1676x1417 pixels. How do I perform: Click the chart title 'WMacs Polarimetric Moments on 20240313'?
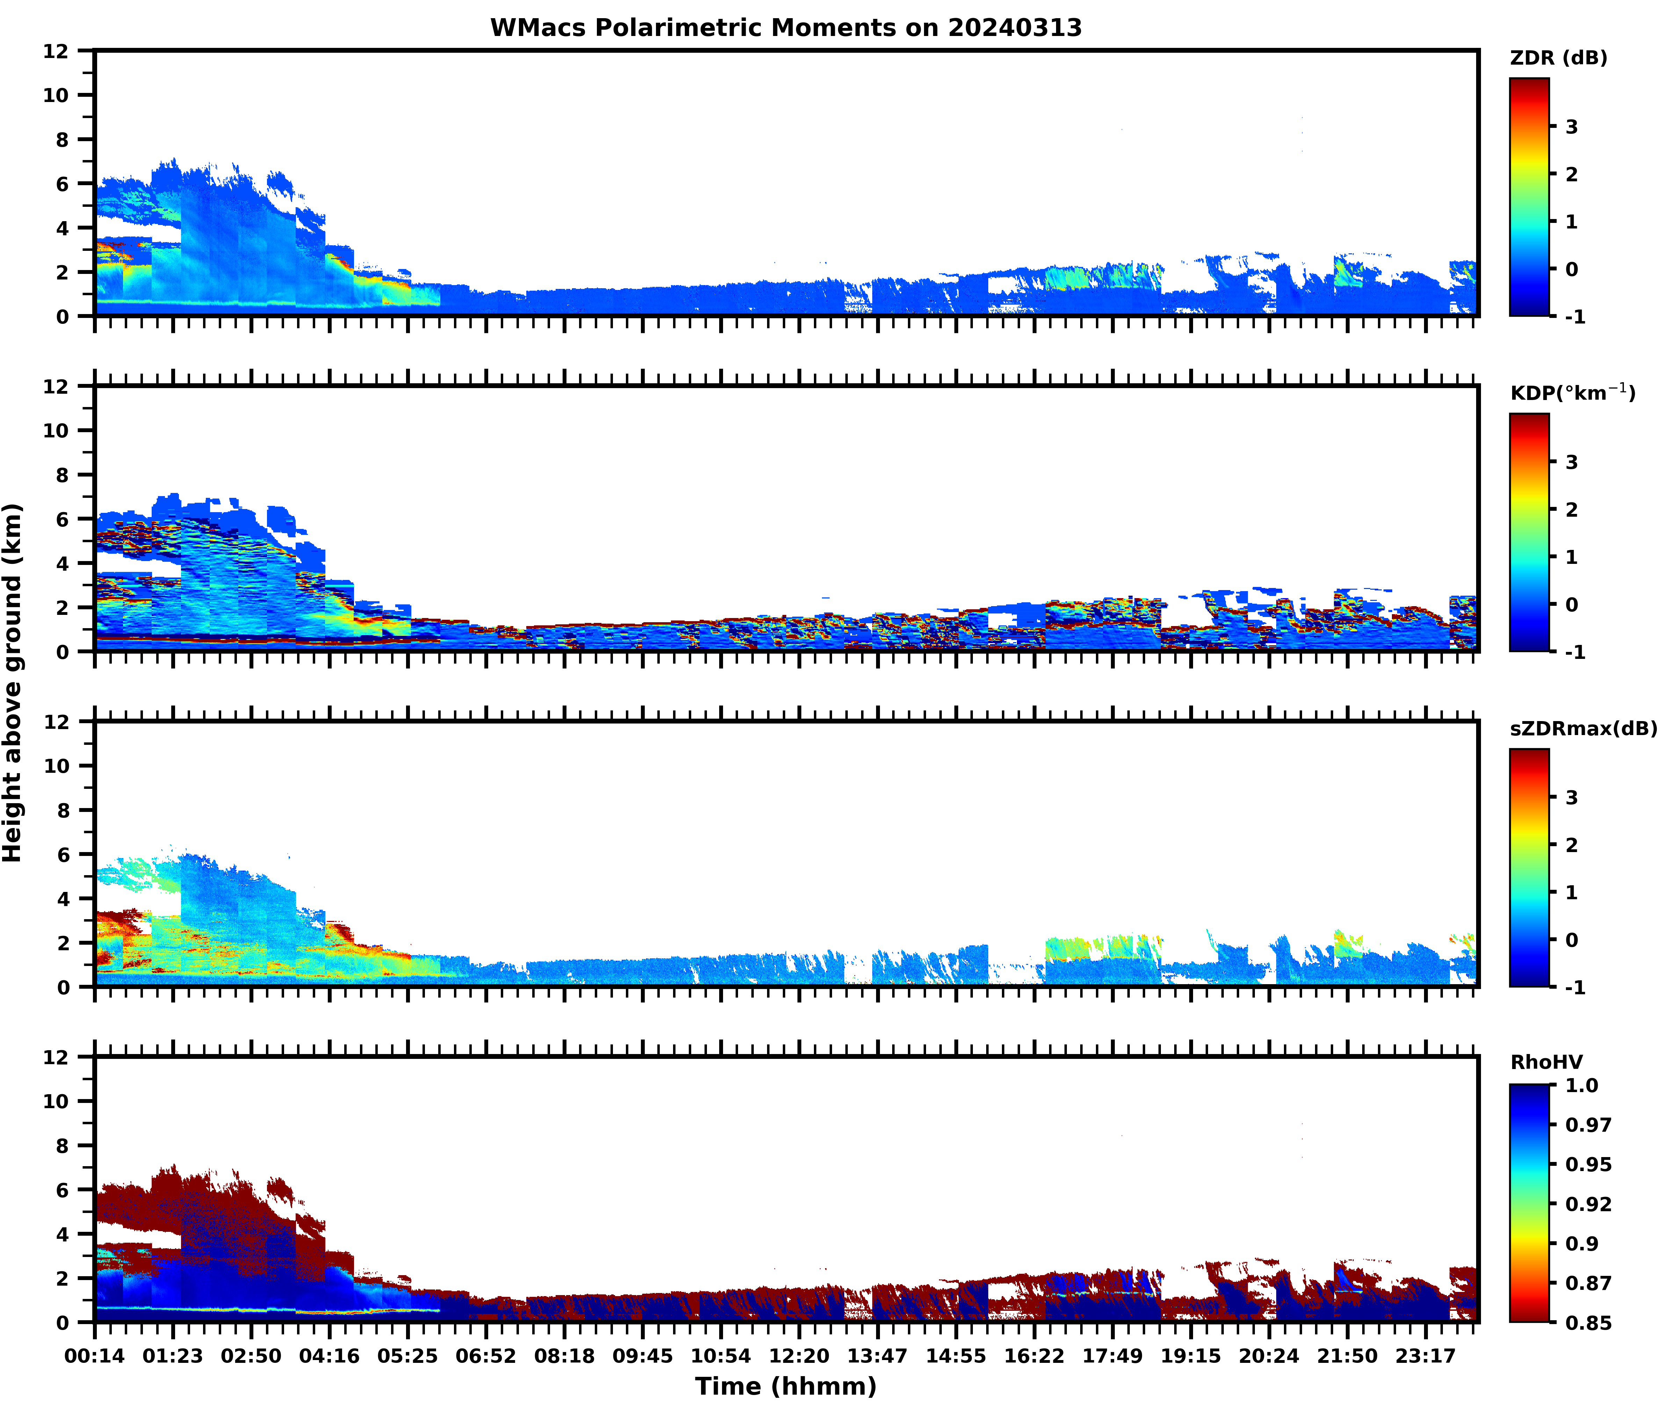click(786, 28)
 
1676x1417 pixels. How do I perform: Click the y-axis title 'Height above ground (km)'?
click(13, 683)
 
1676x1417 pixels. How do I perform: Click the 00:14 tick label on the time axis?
click(95, 1356)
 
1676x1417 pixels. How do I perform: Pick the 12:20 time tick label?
click(799, 1356)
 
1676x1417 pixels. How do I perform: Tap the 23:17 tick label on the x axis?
click(1425, 1356)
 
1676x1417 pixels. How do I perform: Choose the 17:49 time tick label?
click(1112, 1356)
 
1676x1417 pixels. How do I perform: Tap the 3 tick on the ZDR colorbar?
click(1572, 127)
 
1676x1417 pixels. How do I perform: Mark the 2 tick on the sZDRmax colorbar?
click(1572, 845)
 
